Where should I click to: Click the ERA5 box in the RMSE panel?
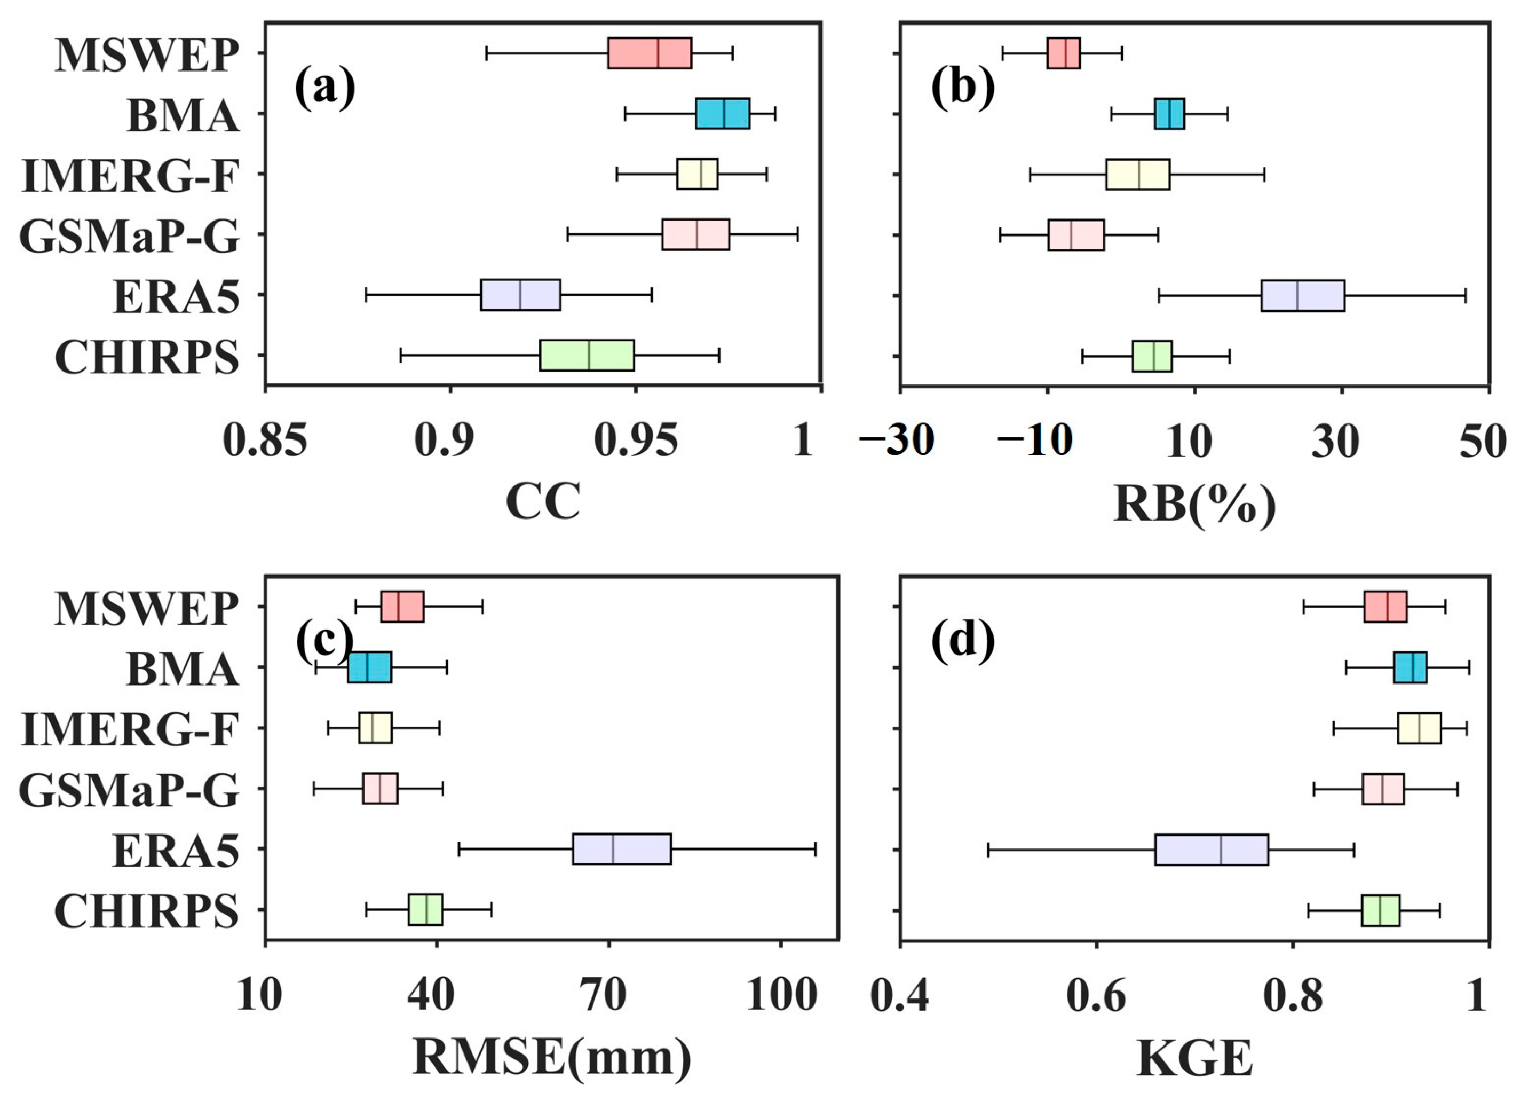(x=621, y=849)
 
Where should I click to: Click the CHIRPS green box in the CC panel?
(x=587, y=356)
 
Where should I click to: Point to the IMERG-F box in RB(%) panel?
(x=1137, y=175)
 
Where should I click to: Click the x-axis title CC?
(x=542, y=502)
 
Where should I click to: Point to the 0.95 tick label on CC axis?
(x=636, y=441)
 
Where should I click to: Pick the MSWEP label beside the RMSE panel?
(x=146, y=609)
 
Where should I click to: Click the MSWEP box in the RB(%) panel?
(x=1063, y=53)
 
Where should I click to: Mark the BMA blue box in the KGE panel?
(x=1410, y=668)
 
